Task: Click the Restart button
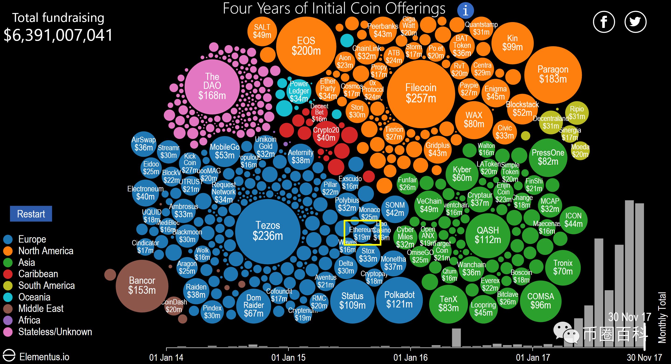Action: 31,214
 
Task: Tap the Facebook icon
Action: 604,22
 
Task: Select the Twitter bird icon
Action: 635,22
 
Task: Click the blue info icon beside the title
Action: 465,10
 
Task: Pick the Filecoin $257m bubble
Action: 421,94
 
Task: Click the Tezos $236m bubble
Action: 268,231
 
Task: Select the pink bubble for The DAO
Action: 212,87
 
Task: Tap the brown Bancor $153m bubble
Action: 142,286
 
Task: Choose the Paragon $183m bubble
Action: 553,74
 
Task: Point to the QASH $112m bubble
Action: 488,235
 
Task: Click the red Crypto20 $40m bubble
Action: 326,134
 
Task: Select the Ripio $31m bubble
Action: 577,113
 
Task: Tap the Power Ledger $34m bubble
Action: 299,91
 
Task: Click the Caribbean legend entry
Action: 38,274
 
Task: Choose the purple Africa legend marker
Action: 8,320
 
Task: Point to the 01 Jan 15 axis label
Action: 288,357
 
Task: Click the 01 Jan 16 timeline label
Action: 410,357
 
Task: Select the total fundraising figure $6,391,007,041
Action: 58,35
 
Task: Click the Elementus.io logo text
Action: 44,357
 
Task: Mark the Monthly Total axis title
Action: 662,317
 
